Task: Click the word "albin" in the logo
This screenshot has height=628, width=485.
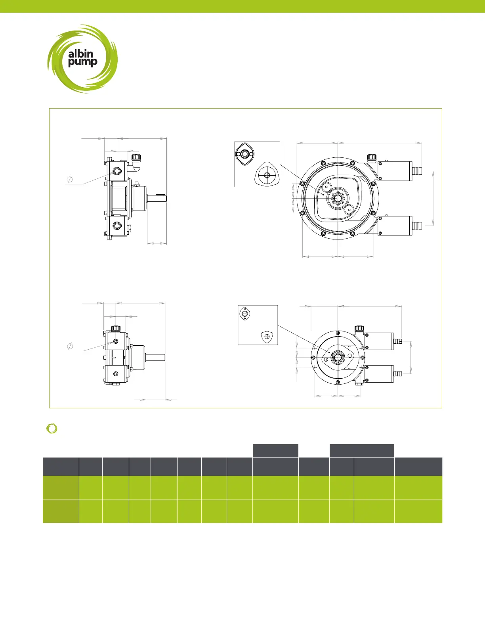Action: click(x=81, y=54)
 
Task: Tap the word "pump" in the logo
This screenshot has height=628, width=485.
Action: click(x=82, y=62)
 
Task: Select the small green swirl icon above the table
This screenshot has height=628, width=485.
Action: click(x=52, y=429)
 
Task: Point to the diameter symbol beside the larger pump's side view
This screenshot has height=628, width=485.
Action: click(x=70, y=180)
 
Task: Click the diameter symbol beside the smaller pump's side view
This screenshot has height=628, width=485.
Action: click(x=70, y=346)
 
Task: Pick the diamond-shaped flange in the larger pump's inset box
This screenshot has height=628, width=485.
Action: click(x=244, y=154)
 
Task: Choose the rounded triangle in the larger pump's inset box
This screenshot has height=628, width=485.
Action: click(x=266, y=174)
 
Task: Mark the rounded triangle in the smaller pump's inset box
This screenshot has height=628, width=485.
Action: click(x=267, y=337)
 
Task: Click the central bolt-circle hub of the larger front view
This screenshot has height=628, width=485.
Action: click(x=337, y=197)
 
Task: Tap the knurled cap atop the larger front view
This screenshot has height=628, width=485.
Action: click(x=371, y=157)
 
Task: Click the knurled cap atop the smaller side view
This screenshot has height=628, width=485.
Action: click(x=116, y=328)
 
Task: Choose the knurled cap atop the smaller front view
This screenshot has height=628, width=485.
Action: click(x=359, y=329)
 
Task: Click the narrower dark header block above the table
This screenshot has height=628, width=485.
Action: click(x=275, y=450)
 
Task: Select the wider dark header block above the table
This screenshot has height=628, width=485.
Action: click(x=362, y=450)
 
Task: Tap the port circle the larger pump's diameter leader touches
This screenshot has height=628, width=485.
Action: click(x=117, y=171)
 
